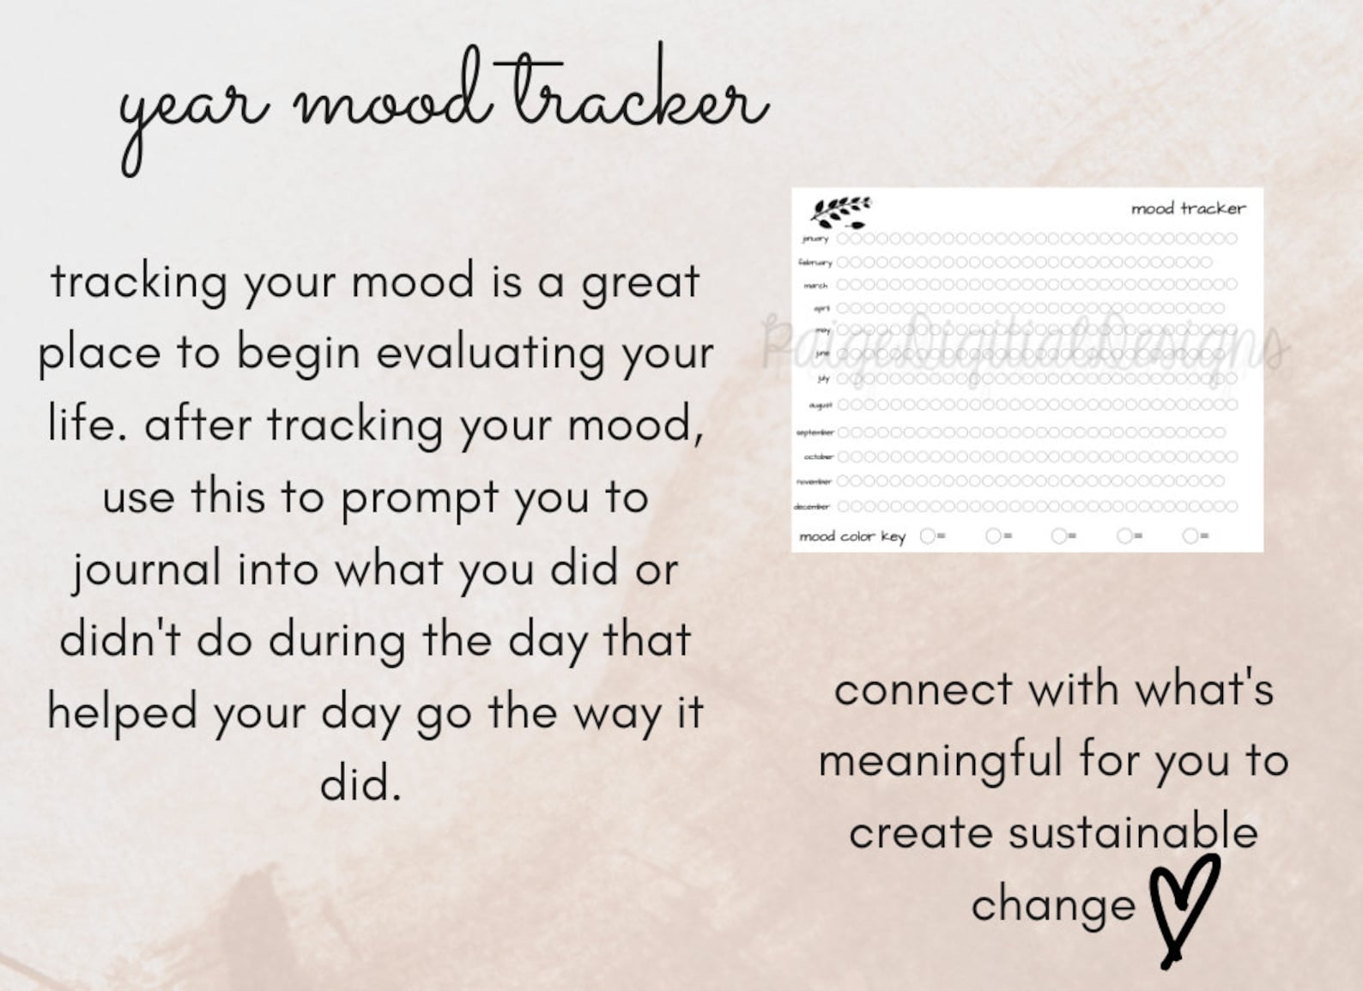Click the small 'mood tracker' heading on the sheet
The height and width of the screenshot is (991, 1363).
(x=1187, y=208)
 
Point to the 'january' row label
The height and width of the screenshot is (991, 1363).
(x=815, y=239)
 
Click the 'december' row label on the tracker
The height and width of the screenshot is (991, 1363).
(x=811, y=507)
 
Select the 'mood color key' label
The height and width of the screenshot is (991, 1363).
(x=851, y=537)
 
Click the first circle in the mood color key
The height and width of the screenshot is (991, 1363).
(x=927, y=536)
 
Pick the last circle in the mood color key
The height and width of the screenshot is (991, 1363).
(x=1190, y=536)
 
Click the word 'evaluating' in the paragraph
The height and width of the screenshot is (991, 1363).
(x=490, y=353)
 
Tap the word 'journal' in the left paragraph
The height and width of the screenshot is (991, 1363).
(x=146, y=571)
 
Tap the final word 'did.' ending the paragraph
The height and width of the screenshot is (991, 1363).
(x=360, y=783)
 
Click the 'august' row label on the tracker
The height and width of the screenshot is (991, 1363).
(x=820, y=405)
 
